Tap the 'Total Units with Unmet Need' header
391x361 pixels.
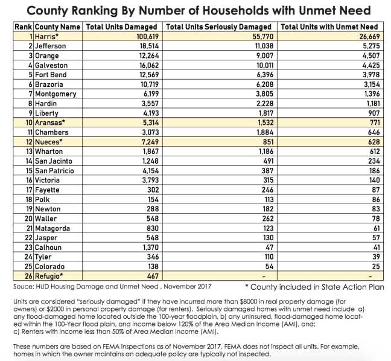tap(329, 27)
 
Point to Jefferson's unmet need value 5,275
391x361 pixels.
tap(367, 46)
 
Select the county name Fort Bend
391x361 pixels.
tap(51, 75)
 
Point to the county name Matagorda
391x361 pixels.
tap(52, 228)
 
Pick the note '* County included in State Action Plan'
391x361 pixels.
tap(314, 287)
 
